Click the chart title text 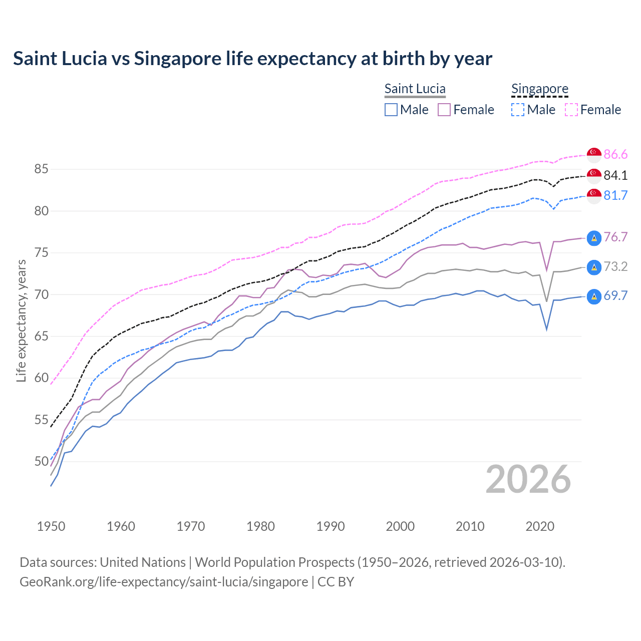[252, 59]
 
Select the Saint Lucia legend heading [415, 89]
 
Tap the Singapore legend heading [539, 89]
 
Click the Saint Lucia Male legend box [391, 110]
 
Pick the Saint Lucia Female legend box [444, 110]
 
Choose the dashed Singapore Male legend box [518, 110]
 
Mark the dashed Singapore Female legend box [571, 110]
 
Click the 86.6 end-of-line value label [615, 154]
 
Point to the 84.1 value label [615, 175]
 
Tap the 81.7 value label [615, 195]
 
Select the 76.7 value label [615, 237]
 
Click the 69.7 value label [615, 295]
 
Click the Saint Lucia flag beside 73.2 [594, 267]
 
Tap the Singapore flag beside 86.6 [594, 155]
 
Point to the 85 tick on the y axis [41, 169]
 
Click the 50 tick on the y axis [41, 461]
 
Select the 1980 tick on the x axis [260, 526]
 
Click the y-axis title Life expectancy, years [21, 320]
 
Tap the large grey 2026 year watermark [528, 479]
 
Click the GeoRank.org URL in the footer [164, 582]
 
